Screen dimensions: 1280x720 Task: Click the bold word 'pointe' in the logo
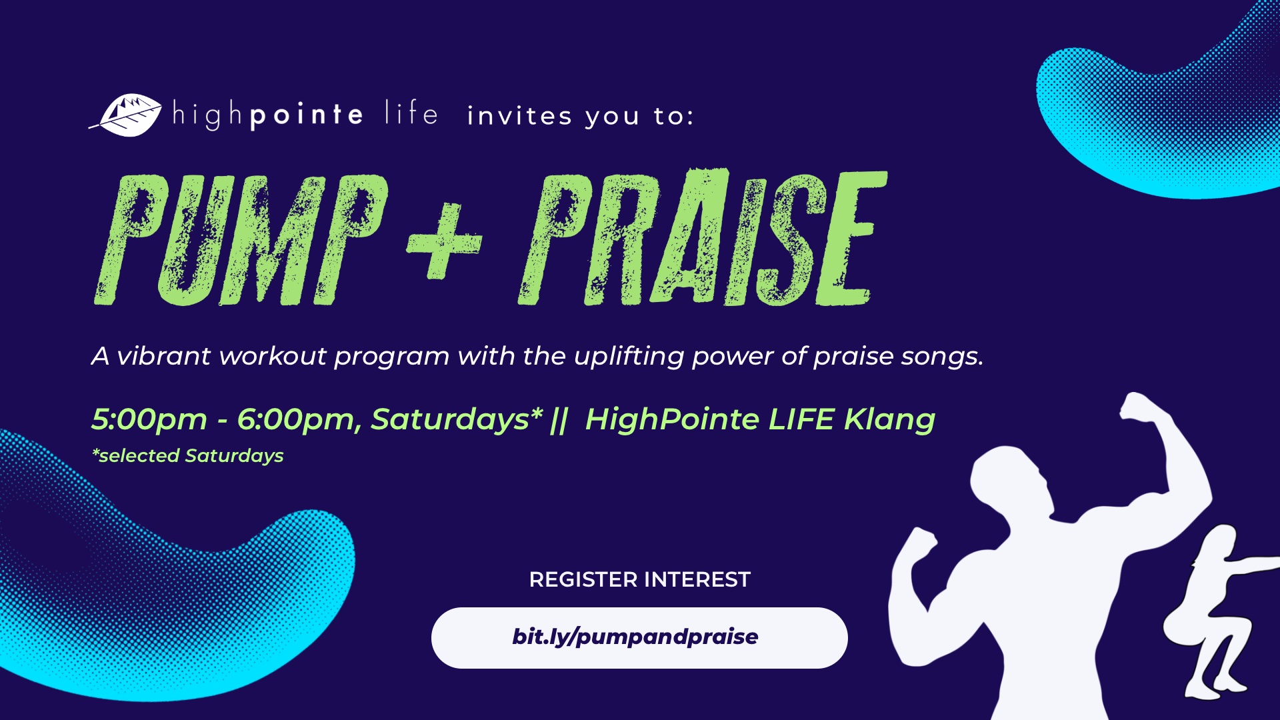tap(307, 115)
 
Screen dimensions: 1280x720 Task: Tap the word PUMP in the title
tap(240, 240)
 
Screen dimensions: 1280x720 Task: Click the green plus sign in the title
tap(444, 240)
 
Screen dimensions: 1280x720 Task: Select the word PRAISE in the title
tap(703, 237)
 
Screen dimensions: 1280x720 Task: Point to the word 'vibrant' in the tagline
tap(164, 356)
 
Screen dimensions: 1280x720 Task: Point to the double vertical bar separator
tap(559, 420)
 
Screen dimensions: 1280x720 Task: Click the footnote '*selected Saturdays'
tap(188, 456)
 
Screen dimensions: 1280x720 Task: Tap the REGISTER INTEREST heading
tap(640, 579)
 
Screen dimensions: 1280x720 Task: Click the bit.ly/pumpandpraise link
tap(635, 637)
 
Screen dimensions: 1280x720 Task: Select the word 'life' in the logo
tap(411, 113)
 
